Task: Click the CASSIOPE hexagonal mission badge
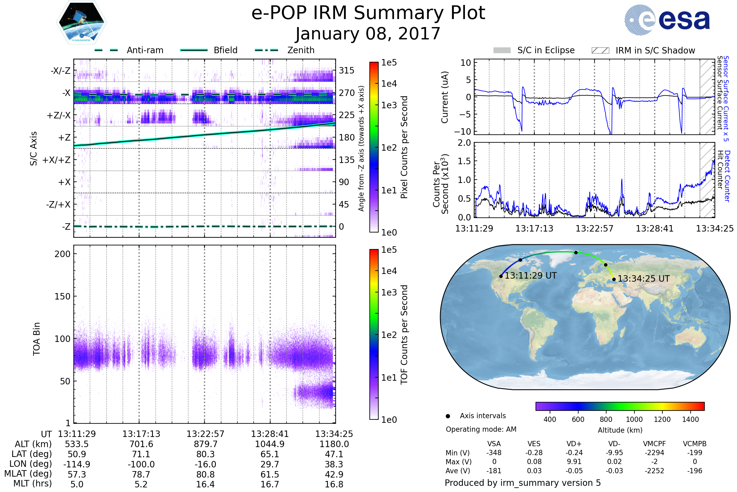(81, 22)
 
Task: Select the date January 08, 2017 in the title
(368, 34)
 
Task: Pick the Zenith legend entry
(301, 50)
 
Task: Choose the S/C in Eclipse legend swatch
(502, 50)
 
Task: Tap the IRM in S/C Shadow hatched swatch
(600, 50)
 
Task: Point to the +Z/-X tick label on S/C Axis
(59, 116)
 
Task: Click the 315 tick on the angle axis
(347, 71)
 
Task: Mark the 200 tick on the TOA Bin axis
(62, 254)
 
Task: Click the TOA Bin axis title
(37, 339)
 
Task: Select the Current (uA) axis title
(445, 97)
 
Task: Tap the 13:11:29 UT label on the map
(531, 276)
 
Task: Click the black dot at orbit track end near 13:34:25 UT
(614, 279)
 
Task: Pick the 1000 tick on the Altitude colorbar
(634, 419)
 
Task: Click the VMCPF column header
(654, 444)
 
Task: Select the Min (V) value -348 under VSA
(494, 453)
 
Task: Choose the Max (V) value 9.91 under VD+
(574, 462)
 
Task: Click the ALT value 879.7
(205, 444)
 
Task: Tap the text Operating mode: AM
(481, 429)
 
